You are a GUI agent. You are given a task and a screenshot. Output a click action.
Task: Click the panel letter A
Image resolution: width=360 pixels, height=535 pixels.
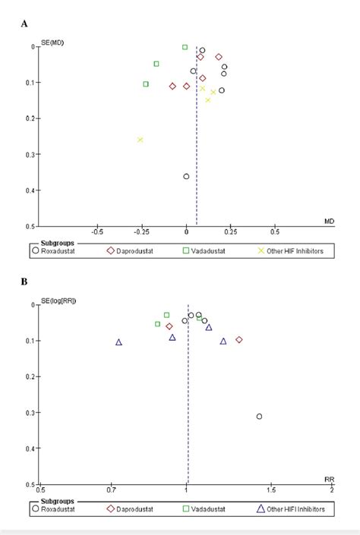point(25,24)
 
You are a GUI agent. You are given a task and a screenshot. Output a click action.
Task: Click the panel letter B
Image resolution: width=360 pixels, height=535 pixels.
point(25,282)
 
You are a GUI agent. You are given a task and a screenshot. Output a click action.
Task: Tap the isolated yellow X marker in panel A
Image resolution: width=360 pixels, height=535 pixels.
point(140,140)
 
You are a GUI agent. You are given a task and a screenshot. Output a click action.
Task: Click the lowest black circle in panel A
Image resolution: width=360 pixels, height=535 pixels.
point(186,177)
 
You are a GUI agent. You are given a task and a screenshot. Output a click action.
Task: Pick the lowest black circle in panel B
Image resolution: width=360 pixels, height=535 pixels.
point(259,416)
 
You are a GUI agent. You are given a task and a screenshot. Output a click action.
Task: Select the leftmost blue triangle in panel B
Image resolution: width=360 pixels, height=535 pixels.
point(118,342)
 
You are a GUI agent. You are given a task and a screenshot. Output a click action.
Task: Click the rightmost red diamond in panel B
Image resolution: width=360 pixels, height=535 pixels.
point(239,339)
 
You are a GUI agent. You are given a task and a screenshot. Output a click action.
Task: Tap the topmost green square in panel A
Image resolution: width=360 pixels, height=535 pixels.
point(185,47)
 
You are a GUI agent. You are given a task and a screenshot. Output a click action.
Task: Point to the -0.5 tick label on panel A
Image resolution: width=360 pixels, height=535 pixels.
point(97,233)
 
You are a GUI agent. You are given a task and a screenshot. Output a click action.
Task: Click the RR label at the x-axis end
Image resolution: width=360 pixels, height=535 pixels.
point(330,480)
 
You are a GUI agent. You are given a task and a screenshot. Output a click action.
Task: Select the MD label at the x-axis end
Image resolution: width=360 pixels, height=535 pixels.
point(329,222)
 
